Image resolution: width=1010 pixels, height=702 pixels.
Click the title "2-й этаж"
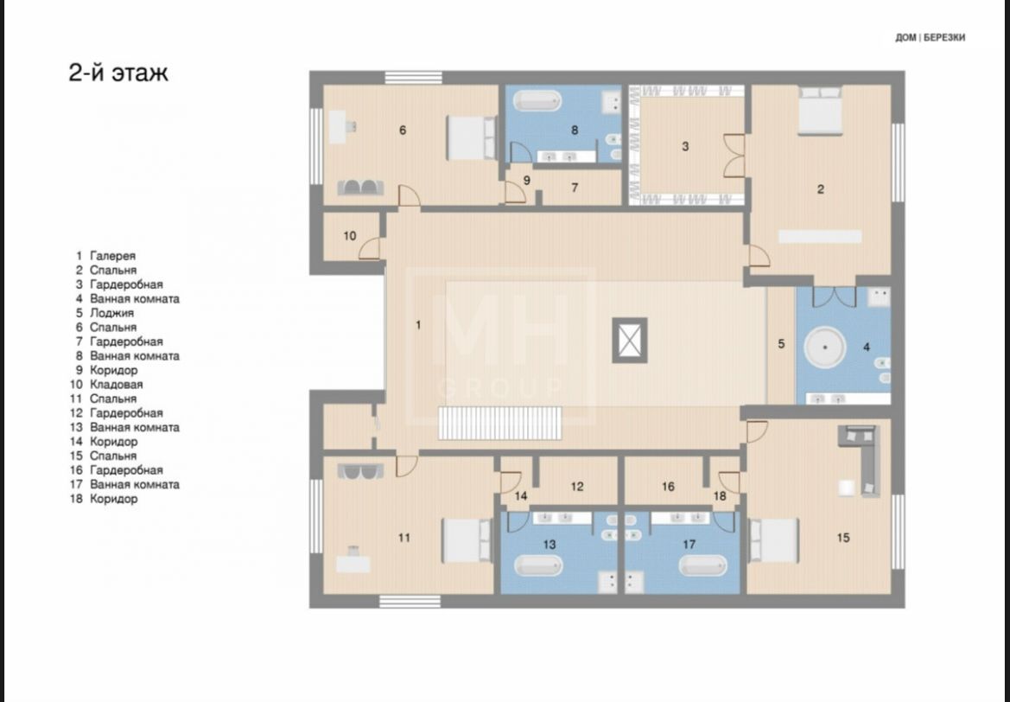pos(118,73)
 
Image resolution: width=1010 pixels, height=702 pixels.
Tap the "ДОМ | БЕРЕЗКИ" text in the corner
pos(931,37)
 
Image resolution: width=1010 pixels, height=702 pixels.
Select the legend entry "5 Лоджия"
pos(105,313)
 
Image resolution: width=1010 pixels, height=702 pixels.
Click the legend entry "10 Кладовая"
pos(106,384)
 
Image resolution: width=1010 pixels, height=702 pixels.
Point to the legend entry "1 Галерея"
pos(105,256)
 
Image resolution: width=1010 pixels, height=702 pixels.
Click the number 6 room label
pos(403,131)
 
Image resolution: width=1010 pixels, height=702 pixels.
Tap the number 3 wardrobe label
pos(685,146)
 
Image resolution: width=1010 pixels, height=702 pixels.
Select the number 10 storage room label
pos(350,236)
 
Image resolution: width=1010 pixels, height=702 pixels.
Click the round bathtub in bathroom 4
pos(825,348)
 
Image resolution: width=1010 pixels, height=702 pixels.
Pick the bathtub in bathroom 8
pos(537,101)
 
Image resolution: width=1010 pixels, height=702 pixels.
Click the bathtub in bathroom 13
pos(538,566)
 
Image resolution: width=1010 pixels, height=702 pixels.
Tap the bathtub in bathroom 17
pos(703,566)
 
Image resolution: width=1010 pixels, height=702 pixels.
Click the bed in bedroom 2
pos(820,111)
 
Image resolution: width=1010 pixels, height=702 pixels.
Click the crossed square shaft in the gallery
pos(629,340)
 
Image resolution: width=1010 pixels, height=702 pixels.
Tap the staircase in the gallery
pos(499,423)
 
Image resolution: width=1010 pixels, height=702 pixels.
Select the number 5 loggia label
pos(781,344)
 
